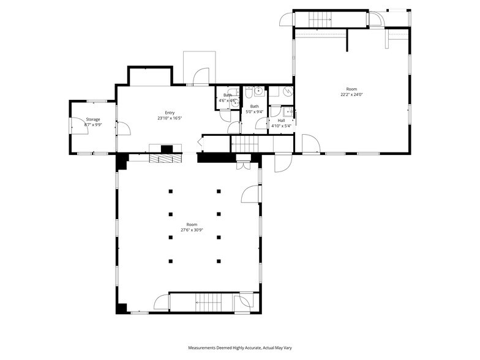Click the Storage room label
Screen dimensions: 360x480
tap(92, 119)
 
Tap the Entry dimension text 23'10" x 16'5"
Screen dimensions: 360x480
tap(170, 118)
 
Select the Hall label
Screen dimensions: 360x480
tap(281, 121)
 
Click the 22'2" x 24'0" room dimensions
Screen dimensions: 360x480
tap(351, 95)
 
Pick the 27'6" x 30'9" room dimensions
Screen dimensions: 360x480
tap(192, 230)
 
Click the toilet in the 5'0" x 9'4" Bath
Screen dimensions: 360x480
tap(250, 92)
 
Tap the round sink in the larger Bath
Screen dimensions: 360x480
tap(260, 92)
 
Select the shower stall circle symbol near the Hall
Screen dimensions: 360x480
tap(287, 92)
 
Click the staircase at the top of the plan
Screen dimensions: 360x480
tap(319, 20)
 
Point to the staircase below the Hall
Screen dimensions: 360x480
tap(248, 144)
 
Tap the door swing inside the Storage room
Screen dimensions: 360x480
tap(122, 128)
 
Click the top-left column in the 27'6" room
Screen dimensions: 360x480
tap(171, 191)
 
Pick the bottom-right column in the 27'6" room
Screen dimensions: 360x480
tap(219, 261)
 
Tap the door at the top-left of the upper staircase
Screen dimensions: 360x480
tap(287, 20)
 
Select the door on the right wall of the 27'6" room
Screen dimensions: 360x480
tap(251, 194)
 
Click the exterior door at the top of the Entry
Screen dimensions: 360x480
tap(200, 77)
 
